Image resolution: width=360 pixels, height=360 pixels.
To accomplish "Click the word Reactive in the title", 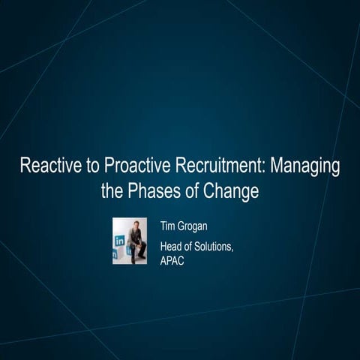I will (x=47, y=166).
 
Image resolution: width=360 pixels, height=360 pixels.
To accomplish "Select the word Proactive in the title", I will (x=129, y=166).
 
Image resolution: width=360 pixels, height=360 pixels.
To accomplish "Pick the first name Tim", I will (x=168, y=225).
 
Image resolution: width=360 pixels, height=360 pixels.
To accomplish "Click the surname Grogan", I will (x=195, y=225).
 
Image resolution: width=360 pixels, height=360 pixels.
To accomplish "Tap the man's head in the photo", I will (x=135, y=224).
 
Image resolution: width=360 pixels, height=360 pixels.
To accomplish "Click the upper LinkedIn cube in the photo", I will (x=120, y=240).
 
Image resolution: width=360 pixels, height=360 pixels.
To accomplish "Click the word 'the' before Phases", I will (x=113, y=190).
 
